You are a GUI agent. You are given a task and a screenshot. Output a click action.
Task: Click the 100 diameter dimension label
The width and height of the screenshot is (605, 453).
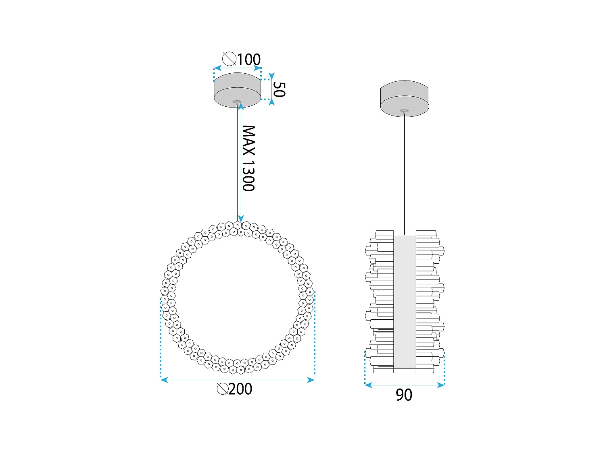[x=248, y=60]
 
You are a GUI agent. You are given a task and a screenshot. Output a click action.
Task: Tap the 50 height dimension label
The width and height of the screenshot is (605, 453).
[x=279, y=89]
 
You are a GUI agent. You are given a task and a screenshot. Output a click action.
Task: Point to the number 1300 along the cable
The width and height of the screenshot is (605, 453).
[x=248, y=176]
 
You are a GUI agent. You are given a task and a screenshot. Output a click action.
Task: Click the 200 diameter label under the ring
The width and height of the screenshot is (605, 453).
[x=240, y=389]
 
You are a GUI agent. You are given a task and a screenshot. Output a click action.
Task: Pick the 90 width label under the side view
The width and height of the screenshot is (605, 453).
[x=404, y=395]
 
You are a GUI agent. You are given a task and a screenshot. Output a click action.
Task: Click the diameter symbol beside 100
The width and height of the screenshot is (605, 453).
[x=229, y=59]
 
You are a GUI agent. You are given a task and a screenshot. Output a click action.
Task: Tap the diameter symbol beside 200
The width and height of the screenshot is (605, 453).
[x=222, y=389]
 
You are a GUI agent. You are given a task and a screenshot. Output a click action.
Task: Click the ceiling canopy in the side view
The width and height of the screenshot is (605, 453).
[x=405, y=98]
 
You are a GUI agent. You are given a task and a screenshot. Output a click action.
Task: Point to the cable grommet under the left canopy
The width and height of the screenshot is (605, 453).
[x=237, y=101]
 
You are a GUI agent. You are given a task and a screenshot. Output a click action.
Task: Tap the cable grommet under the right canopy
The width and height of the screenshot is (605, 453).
[x=405, y=111]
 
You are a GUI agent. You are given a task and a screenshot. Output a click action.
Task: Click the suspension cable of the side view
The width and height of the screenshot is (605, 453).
[x=405, y=173]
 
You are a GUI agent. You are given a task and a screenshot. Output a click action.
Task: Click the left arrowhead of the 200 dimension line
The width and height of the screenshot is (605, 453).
[x=164, y=380]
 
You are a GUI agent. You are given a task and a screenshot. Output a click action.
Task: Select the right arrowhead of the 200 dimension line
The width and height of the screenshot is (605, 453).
[x=311, y=380]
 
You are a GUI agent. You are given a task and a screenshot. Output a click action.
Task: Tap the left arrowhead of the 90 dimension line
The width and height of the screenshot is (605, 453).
[x=367, y=385]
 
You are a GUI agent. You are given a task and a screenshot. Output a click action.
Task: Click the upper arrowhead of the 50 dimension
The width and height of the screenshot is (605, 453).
[x=271, y=76]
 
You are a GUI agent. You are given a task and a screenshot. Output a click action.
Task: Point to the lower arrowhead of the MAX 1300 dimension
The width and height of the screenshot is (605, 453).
[x=241, y=219]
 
